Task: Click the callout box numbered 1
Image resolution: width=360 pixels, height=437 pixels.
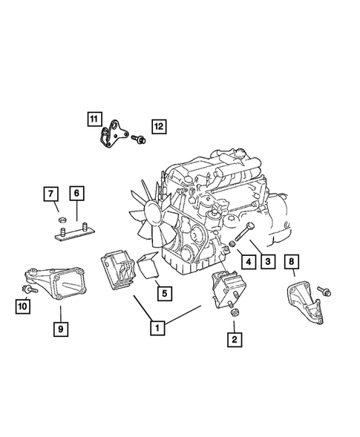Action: tap(157, 325)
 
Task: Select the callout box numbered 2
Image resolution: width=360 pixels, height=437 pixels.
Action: tap(235, 341)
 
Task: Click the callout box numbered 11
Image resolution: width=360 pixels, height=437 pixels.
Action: tap(93, 119)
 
